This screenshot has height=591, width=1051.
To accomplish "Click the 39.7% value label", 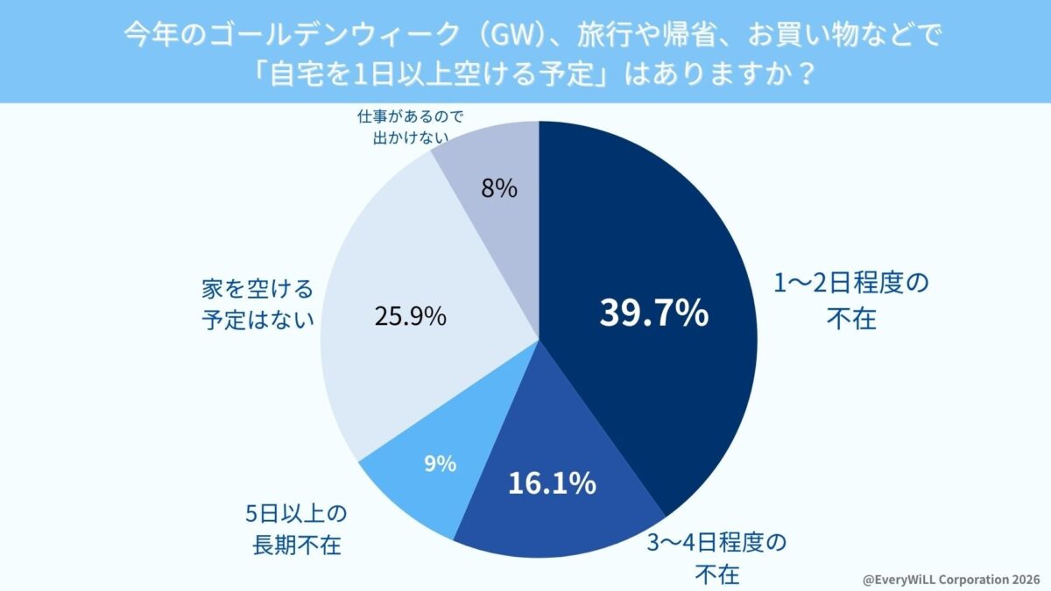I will coord(653,313).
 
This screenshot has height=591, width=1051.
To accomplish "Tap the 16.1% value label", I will coord(553,482).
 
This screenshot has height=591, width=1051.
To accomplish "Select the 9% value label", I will coord(440,464).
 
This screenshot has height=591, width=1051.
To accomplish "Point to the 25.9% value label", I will coord(410,315).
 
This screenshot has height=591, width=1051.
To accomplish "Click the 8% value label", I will coord(499,188).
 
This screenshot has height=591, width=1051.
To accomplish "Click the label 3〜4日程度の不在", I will coord(717,558).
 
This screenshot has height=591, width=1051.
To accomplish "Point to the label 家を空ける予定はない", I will coord(257,304).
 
